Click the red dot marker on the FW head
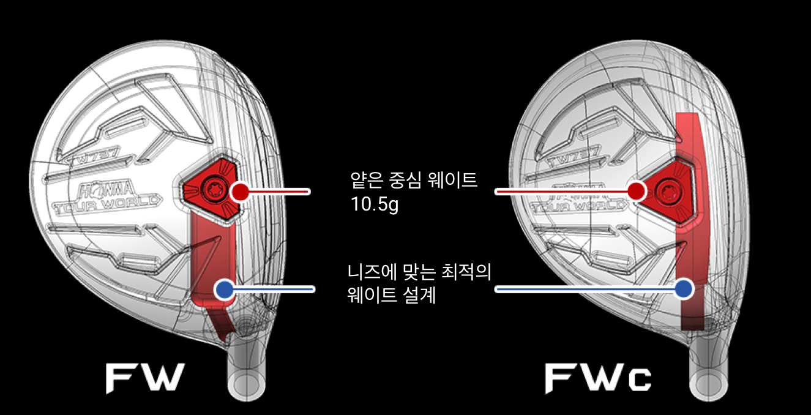click(239, 191)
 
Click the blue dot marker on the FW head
click(225, 289)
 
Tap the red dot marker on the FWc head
click(637, 191)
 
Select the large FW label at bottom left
click(145, 378)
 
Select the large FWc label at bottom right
click(598, 378)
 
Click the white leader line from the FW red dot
click(278, 191)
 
